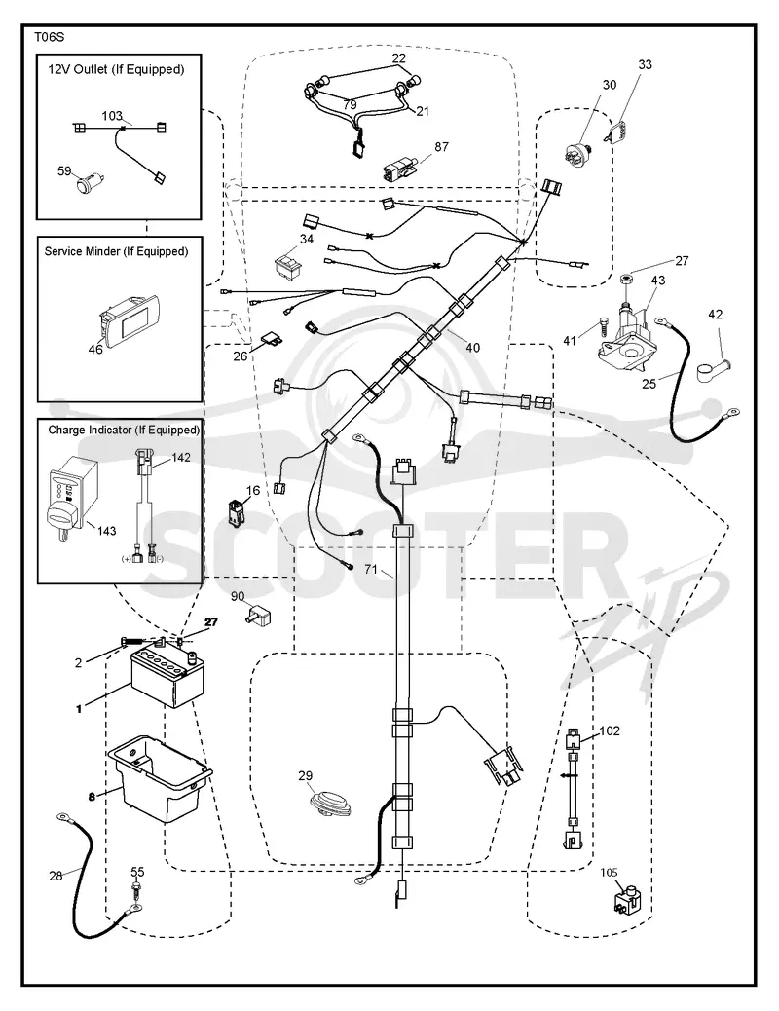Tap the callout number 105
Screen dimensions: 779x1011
(610, 873)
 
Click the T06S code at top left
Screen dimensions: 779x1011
(49, 37)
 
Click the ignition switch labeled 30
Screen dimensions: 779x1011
(575, 156)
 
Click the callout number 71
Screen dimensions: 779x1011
(370, 569)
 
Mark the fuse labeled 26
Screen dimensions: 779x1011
(271, 339)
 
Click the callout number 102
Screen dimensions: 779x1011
(610, 730)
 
